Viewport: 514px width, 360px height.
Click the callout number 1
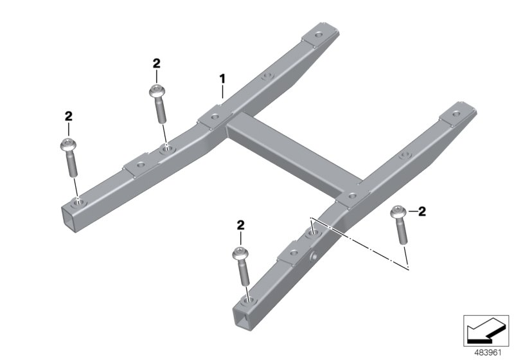(222, 79)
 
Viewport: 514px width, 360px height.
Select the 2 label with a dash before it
(422, 210)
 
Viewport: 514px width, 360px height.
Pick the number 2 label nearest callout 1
(156, 63)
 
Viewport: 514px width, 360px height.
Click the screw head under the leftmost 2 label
(68, 144)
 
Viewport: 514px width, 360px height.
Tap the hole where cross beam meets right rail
(351, 194)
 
